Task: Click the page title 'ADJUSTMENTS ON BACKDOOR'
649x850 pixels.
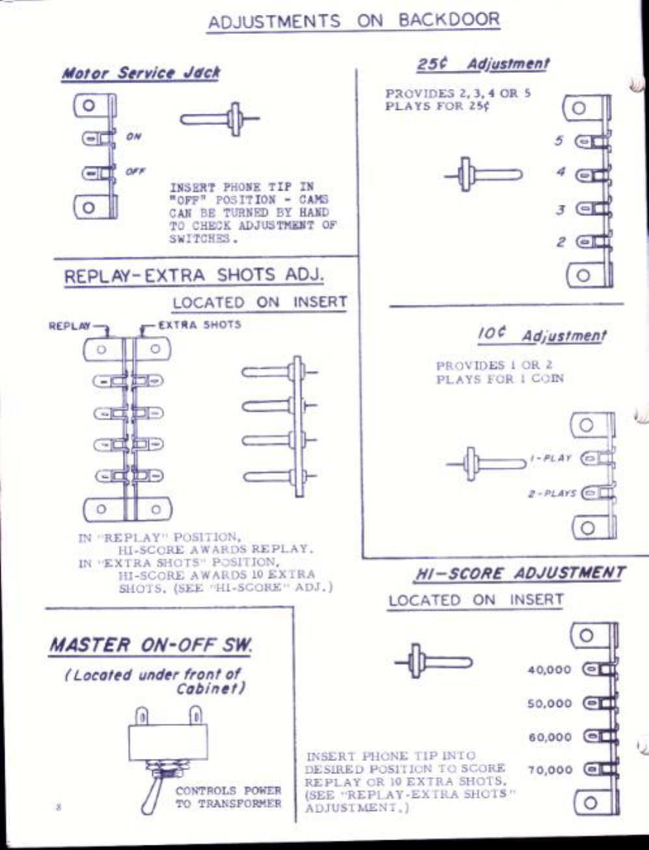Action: click(354, 21)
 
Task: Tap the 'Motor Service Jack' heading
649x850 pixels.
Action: click(140, 73)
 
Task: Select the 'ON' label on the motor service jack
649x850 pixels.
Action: click(133, 136)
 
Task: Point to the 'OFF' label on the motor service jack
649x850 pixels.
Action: click(135, 172)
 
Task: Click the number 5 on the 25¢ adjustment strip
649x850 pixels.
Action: click(559, 140)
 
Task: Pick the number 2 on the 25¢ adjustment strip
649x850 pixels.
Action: click(560, 242)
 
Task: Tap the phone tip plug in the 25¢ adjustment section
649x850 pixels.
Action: click(483, 175)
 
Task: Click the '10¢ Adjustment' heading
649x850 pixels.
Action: click(541, 335)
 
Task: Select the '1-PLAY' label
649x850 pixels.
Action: click(551, 458)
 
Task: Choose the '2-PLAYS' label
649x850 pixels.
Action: click(552, 493)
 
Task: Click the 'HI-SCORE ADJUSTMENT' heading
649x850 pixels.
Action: click(520, 574)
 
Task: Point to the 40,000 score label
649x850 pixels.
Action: click(549, 670)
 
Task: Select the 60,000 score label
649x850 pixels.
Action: click(550, 738)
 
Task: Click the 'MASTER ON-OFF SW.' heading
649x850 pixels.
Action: click(150, 645)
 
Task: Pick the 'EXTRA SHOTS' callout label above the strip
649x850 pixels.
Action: click(199, 324)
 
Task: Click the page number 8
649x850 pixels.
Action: click(59, 807)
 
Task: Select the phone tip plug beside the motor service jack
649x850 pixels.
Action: click(219, 120)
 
